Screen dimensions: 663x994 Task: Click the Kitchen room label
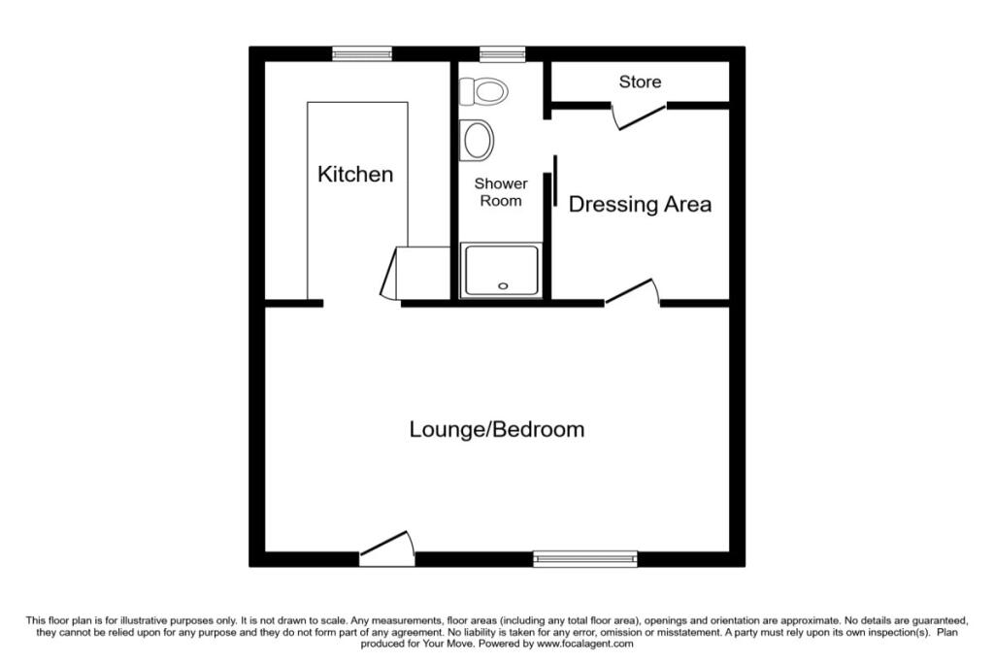click(x=356, y=175)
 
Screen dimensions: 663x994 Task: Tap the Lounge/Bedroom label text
click(x=496, y=429)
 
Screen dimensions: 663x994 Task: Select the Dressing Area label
click(x=640, y=205)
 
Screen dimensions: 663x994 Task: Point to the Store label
click(x=640, y=82)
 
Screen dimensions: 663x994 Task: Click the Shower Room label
click(x=501, y=192)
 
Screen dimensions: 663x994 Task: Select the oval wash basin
click(x=478, y=139)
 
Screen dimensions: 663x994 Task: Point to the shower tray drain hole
click(x=502, y=285)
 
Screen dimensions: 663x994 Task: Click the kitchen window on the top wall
click(x=362, y=53)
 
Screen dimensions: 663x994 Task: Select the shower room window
click(x=502, y=53)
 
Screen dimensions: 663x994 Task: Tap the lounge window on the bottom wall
click(x=585, y=558)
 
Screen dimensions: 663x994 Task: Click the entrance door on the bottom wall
click(x=387, y=549)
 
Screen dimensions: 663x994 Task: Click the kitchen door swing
click(x=390, y=273)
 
